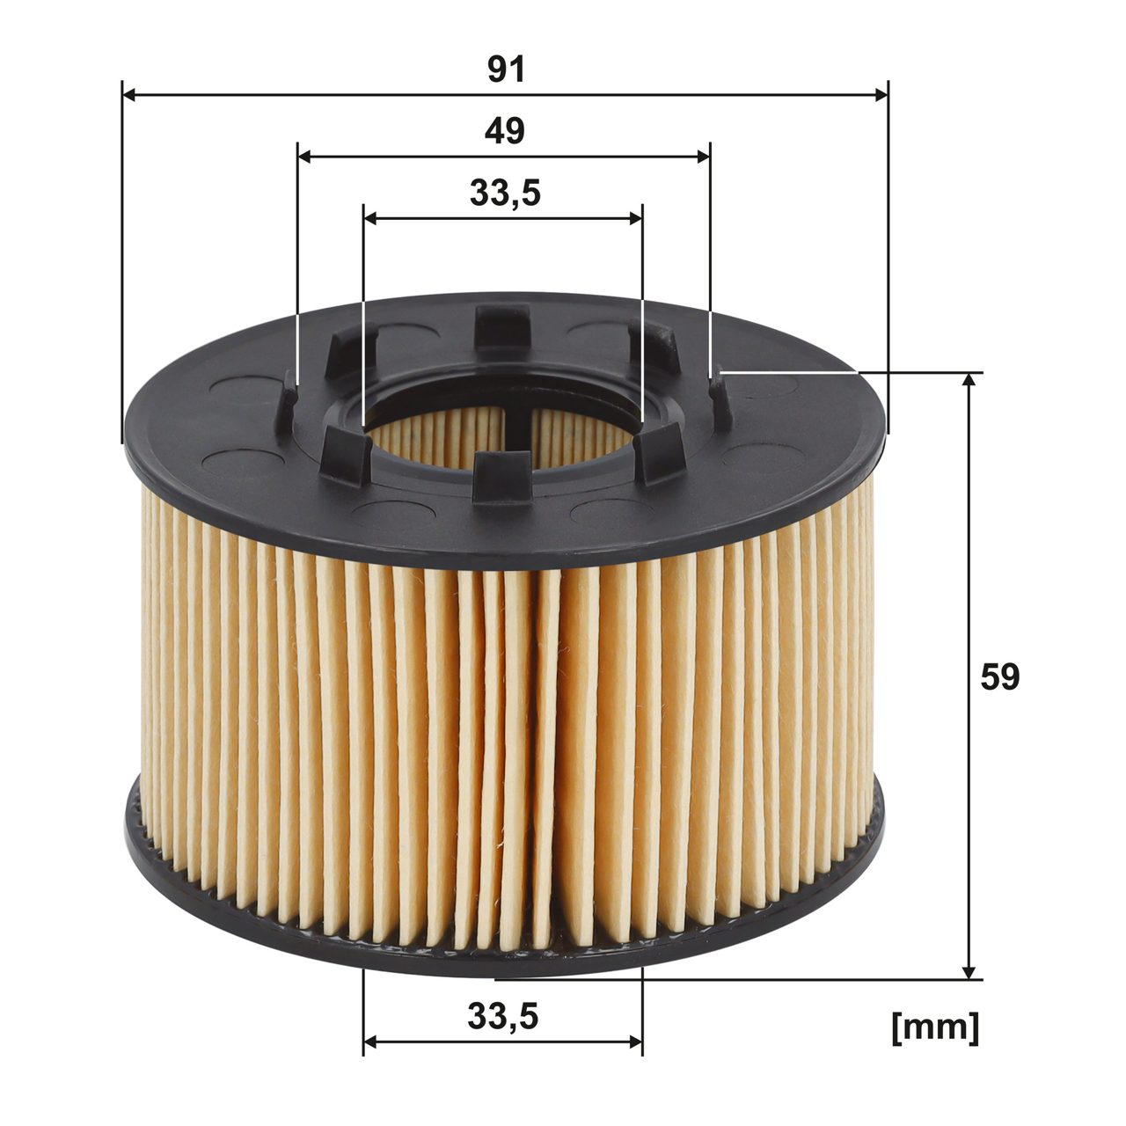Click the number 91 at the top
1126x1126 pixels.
click(506, 69)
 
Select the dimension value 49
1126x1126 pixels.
click(504, 131)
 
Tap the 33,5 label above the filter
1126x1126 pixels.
click(504, 194)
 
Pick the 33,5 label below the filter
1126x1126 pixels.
click(502, 1017)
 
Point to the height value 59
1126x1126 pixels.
click(999, 676)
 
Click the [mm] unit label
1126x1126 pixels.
click(934, 1027)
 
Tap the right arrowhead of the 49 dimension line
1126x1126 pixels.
click(703, 157)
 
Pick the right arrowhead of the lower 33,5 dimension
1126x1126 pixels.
click(636, 1042)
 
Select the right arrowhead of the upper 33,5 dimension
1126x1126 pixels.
click(636, 218)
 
